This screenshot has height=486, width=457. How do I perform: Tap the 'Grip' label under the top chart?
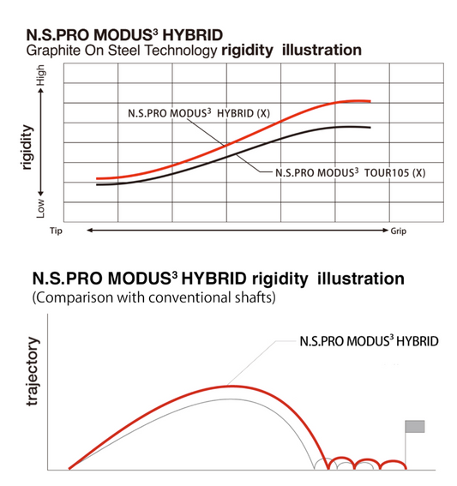[x=400, y=231]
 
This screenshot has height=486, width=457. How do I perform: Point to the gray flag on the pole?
[x=415, y=427]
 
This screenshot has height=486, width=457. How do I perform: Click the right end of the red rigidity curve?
[x=370, y=101]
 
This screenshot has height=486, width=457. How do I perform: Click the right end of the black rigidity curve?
[x=370, y=128]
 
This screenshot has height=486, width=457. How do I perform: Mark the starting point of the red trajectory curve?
[x=69, y=469]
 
